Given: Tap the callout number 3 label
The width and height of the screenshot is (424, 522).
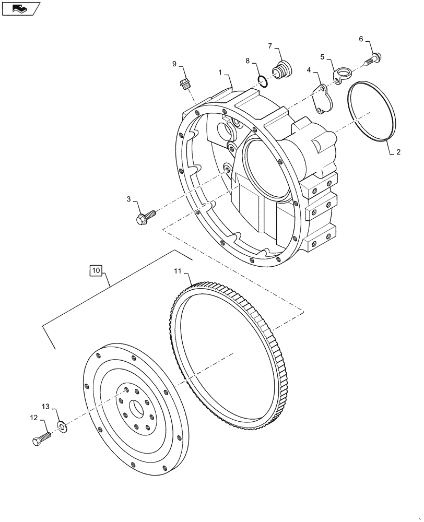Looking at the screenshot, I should (128, 199).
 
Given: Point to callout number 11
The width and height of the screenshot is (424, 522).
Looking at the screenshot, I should (178, 271).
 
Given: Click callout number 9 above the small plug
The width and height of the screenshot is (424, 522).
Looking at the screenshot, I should (174, 64).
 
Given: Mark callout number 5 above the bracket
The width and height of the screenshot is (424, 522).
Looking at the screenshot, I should (322, 56).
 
